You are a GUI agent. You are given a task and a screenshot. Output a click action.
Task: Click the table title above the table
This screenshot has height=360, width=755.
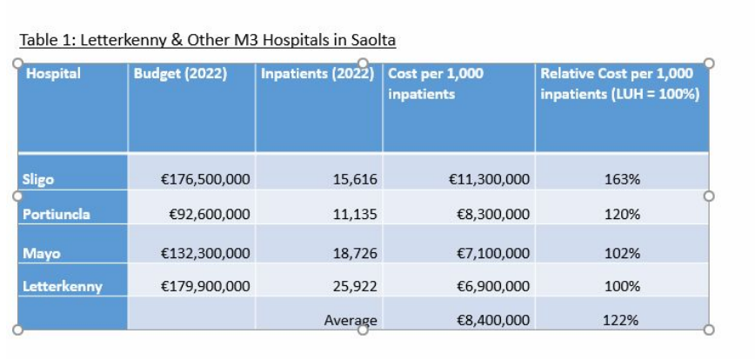(x=207, y=40)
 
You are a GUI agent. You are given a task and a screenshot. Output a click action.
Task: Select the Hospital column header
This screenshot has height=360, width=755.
(x=53, y=74)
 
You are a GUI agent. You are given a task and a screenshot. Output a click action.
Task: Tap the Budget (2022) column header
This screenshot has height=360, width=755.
(x=180, y=74)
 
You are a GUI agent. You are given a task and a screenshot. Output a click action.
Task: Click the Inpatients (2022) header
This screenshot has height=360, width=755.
(x=318, y=74)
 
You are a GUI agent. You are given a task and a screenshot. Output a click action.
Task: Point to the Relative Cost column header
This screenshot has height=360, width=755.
(x=619, y=83)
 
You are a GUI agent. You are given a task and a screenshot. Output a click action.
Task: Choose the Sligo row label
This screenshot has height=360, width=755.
(x=38, y=180)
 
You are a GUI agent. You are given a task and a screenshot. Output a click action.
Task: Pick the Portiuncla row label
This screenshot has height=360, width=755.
(x=56, y=215)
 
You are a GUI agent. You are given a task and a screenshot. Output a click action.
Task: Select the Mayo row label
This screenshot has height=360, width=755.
(x=39, y=254)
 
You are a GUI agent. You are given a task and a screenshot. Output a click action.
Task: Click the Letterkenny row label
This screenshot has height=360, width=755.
(x=62, y=286)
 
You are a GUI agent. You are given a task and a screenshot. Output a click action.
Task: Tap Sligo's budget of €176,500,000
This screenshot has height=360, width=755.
(x=206, y=180)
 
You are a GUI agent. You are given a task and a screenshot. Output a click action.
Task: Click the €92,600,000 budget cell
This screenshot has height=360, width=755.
(x=209, y=215)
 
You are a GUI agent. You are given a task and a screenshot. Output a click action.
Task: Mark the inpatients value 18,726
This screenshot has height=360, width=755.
(x=355, y=254)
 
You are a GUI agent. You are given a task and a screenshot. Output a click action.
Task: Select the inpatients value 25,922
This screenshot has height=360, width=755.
(x=355, y=286)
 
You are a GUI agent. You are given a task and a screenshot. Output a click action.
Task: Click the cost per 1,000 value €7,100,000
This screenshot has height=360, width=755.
(x=492, y=254)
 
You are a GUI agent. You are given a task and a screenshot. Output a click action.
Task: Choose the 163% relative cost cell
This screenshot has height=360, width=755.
(x=621, y=180)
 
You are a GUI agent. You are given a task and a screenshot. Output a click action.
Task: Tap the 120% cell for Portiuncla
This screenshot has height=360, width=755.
(x=621, y=215)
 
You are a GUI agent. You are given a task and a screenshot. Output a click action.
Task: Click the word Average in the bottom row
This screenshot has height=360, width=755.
(x=351, y=321)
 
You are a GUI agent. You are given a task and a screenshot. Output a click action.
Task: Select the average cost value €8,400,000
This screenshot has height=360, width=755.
(x=492, y=321)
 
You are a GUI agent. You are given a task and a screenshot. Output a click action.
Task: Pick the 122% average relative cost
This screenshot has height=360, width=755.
(x=621, y=321)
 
